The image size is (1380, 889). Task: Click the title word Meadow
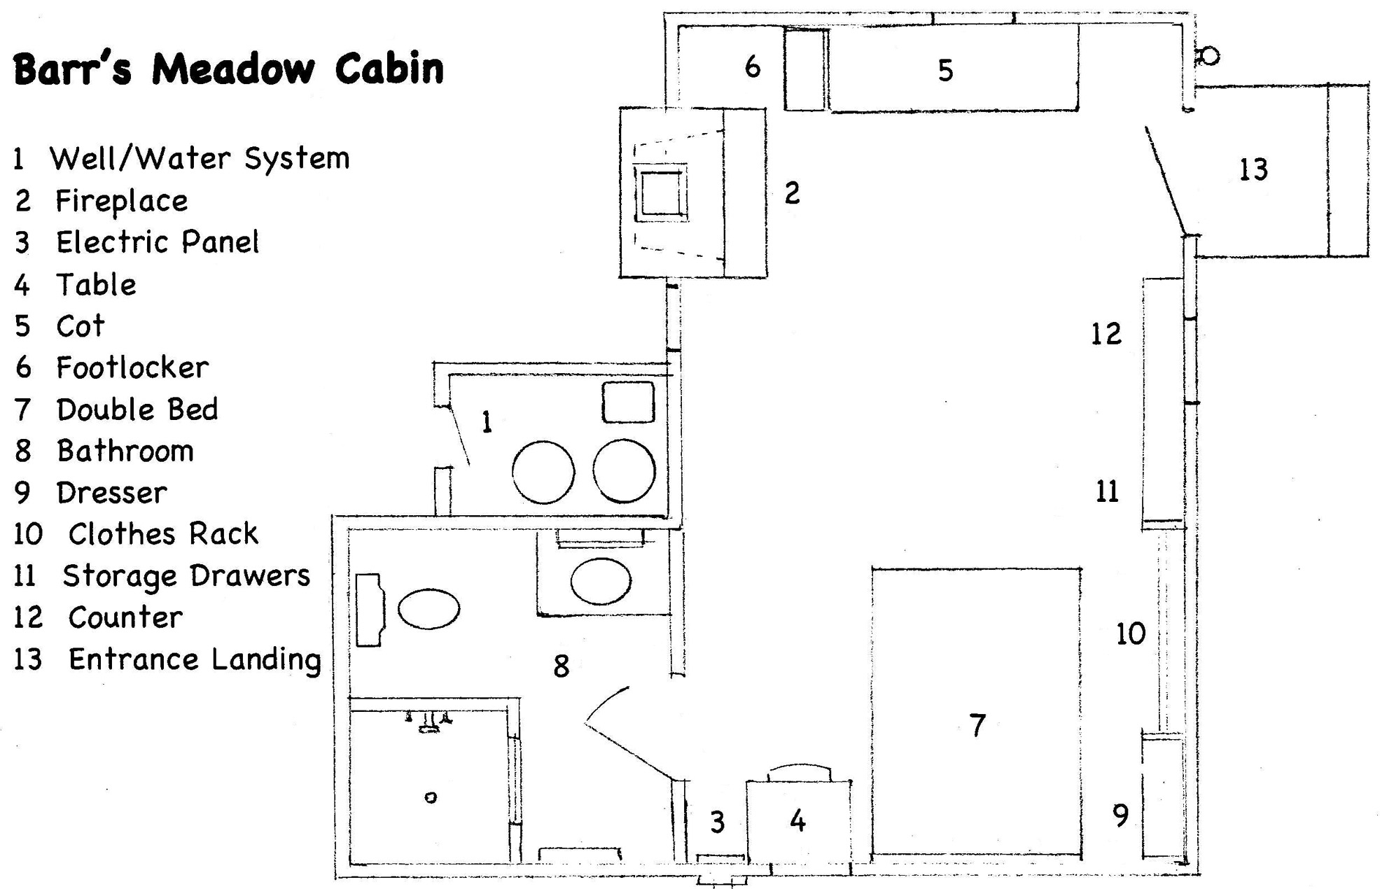tap(233, 69)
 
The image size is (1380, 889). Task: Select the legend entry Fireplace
tap(121, 202)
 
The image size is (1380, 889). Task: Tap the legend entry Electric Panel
tap(157, 243)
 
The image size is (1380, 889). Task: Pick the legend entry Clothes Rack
tap(162, 534)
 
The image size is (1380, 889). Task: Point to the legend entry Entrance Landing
tap(194, 659)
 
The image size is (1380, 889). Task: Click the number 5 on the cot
tap(945, 71)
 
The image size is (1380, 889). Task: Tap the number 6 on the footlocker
tap(753, 67)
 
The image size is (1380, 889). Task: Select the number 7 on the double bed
tap(977, 726)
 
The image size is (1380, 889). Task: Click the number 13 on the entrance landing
tap(1253, 170)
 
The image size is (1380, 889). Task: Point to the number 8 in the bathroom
tap(561, 666)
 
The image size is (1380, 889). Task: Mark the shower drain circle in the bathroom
tap(431, 797)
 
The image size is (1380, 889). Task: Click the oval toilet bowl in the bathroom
tap(428, 609)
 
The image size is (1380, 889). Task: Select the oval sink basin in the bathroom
tap(601, 581)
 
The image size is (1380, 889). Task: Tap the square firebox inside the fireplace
tap(660, 192)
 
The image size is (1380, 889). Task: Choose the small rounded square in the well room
tap(628, 402)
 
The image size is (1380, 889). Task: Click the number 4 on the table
tap(797, 821)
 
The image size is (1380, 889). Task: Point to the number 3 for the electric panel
tap(718, 822)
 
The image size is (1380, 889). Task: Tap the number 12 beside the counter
tap(1106, 334)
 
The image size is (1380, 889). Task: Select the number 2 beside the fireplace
tap(792, 193)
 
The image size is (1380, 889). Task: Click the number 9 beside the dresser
tap(1121, 815)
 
